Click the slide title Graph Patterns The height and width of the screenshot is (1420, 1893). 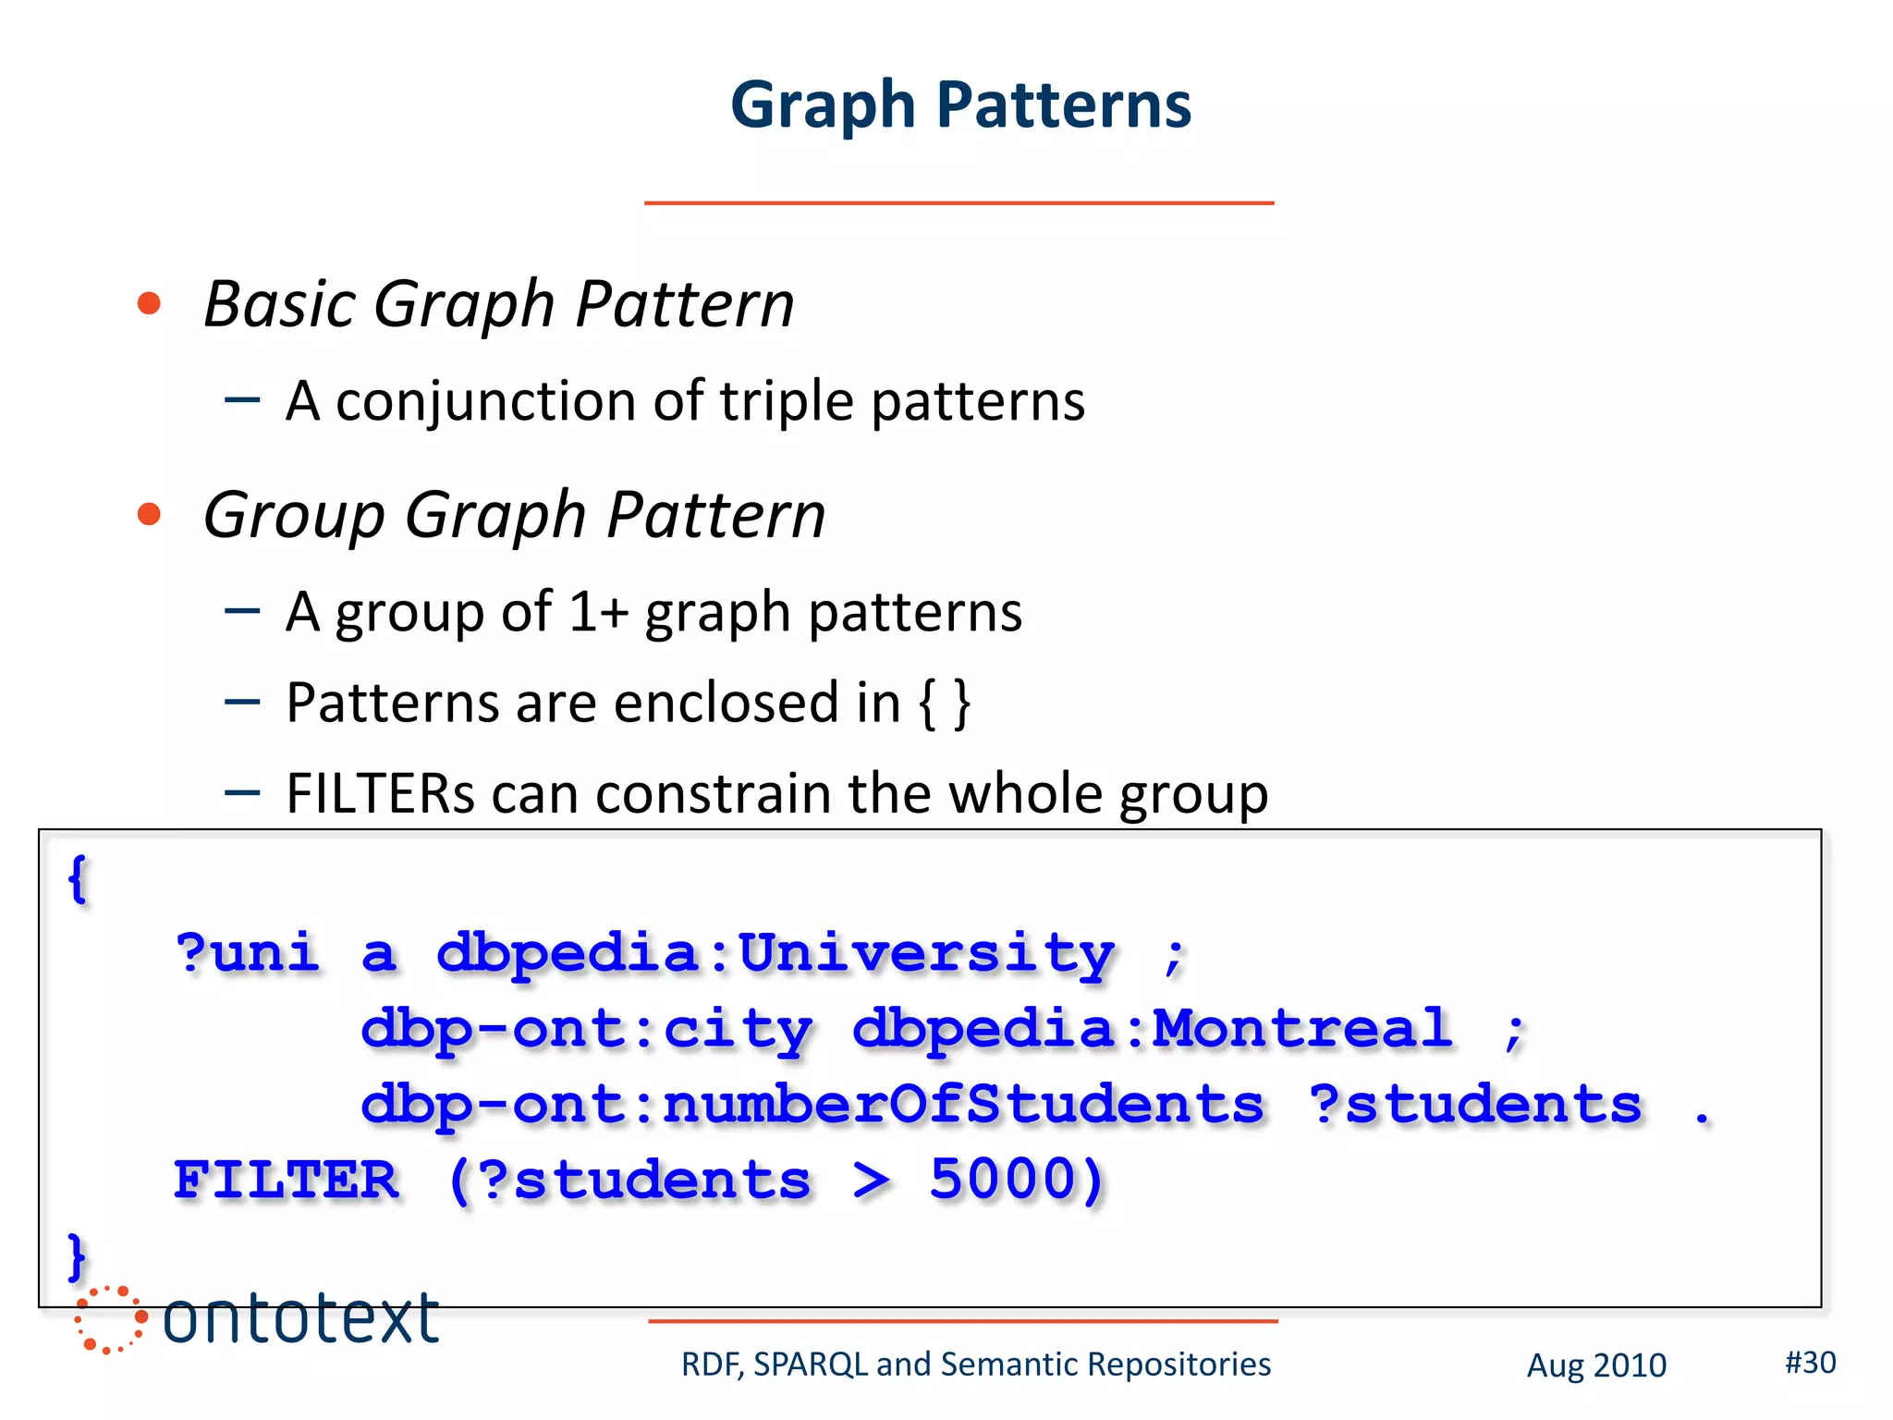pos(960,104)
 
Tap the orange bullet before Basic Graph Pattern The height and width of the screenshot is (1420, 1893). pos(149,303)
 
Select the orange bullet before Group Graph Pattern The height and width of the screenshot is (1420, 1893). pos(149,514)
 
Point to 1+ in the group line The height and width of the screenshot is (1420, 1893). pos(598,612)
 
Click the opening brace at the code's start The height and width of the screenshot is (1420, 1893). pos(78,878)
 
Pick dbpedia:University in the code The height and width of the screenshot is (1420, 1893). pos(775,953)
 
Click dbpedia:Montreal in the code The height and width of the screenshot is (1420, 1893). pos(1151,1029)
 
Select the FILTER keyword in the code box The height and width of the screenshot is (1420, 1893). pos(287,1181)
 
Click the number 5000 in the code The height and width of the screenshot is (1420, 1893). pos(1015,1180)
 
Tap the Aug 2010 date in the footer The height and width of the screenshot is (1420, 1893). pos(1595,1365)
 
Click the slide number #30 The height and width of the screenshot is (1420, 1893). pos(1810,1363)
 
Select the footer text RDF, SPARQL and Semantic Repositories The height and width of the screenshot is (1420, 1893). pos(975,1365)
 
